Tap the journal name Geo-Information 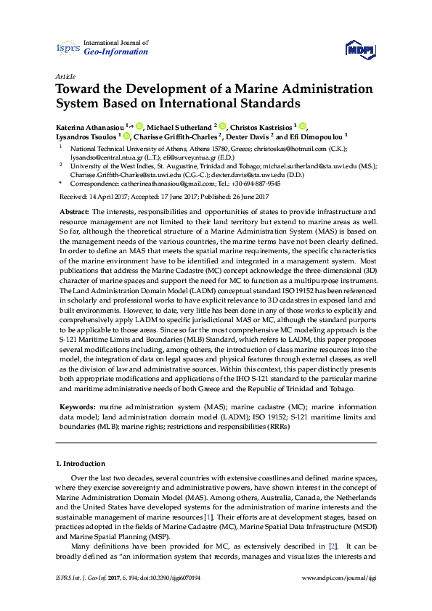coord(116,52)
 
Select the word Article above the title coord(65,76)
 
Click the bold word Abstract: coord(74,209)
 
